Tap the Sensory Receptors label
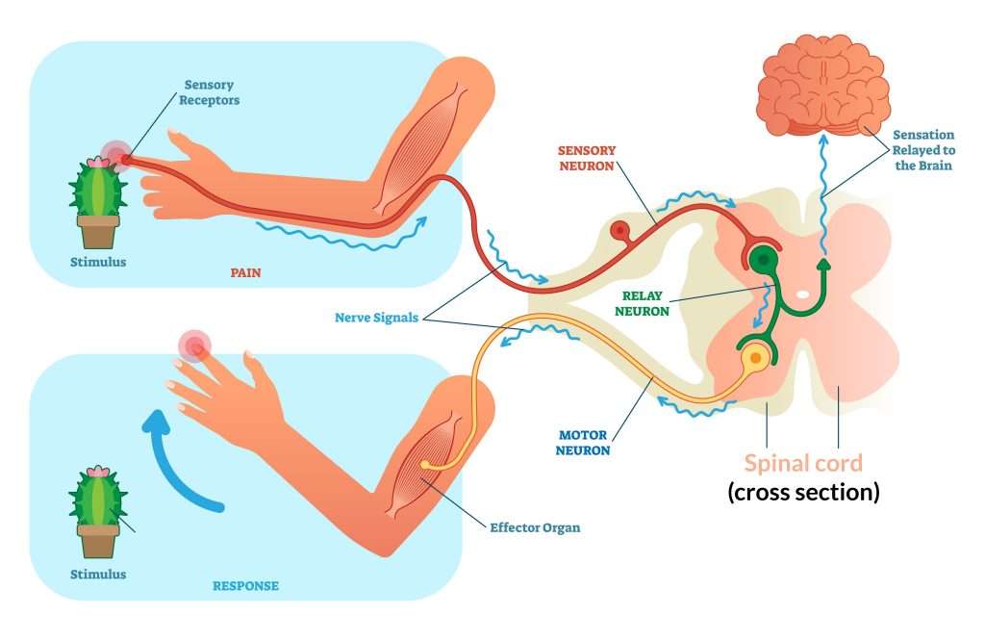point(209,92)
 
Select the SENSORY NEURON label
point(587,158)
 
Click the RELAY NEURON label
point(642,303)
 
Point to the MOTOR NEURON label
point(582,443)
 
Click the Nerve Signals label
point(376,318)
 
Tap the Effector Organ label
point(535,527)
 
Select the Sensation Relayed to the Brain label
point(923,150)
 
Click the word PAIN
point(245,273)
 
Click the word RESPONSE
point(245,586)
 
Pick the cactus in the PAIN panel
point(98,202)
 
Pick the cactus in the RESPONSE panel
point(98,512)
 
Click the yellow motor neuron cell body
point(756,358)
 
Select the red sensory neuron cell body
point(620,231)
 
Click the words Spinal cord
point(803,463)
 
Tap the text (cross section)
point(803,491)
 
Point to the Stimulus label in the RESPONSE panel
point(98,574)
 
